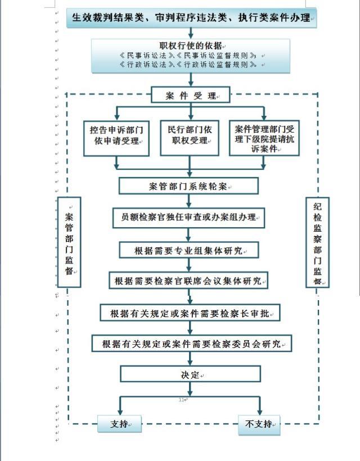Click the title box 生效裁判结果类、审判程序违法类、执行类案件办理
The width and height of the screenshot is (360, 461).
(191, 17)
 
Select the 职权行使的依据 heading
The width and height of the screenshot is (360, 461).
(191, 46)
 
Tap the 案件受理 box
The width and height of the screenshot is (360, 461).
(191, 96)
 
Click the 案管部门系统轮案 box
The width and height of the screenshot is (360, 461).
(189, 186)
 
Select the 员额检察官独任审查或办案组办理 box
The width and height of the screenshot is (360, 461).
(189, 217)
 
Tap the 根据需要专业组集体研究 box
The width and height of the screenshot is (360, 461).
(189, 250)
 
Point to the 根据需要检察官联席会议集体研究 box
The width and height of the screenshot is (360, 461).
(189, 280)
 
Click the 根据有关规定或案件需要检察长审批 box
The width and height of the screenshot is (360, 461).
(190, 313)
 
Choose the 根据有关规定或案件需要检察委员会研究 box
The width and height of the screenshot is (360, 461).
(191, 344)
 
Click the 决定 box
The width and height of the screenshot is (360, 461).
(191, 374)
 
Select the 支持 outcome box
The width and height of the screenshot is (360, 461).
(119, 424)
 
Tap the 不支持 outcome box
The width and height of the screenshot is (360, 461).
(259, 424)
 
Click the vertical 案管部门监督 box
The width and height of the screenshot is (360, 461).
(69, 242)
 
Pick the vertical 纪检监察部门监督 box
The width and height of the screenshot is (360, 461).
(317, 242)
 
